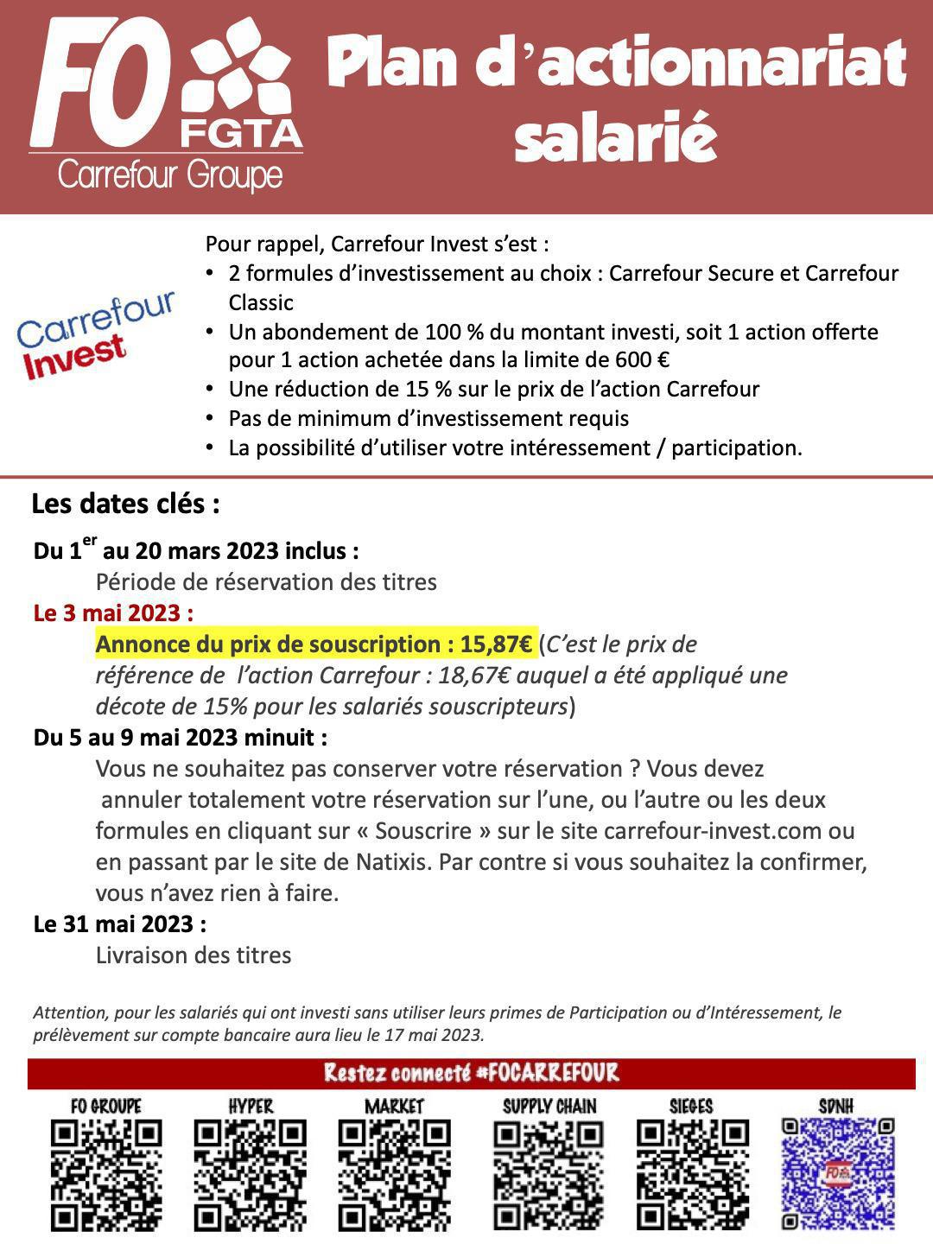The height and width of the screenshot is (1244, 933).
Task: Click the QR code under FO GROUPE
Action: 106,1175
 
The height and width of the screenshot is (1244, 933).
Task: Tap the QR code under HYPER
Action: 251,1175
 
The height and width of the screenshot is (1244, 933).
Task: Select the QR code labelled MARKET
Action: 394,1175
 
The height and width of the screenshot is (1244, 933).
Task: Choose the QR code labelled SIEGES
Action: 692,1175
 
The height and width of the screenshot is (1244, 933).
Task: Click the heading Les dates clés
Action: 125,504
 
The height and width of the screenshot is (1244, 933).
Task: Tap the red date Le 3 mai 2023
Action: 113,613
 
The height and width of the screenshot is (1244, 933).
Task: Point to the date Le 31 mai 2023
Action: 120,924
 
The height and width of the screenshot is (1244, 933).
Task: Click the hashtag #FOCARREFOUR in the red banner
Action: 548,1073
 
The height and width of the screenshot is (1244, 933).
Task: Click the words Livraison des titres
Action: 194,955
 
